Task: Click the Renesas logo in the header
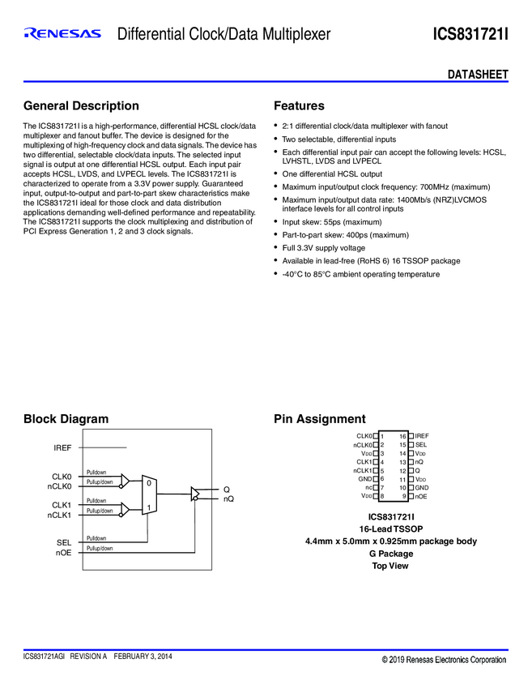(62, 34)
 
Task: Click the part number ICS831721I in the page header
(470, 35)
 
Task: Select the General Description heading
(81, 106)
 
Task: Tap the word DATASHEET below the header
(478, 75)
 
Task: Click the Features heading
(299, 106)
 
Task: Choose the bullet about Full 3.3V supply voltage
(323, 247)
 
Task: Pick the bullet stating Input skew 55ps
(331, 221)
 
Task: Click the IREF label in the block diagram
(62, 447)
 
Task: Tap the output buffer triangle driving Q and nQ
(195, 493)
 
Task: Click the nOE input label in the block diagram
(64, 552)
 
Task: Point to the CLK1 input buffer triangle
(124, 509)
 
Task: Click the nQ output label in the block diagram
(228, 499)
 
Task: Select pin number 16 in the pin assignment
(402, 436)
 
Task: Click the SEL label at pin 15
(421, 445)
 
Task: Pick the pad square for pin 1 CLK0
(376, 436)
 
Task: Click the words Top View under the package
(390, 566)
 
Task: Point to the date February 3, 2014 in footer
(143, 656)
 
